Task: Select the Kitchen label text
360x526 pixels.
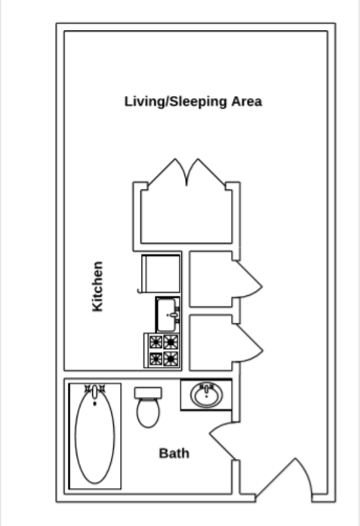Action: coord(97,287)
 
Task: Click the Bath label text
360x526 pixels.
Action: coord(174,454)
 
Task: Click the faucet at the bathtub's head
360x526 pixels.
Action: coord(94,390)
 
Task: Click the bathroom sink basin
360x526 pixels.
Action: coord(205,395)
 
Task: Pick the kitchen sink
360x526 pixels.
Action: coord(168,312)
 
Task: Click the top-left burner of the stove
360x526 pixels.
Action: coord(155,342)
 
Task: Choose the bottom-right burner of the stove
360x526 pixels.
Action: coord(171,358)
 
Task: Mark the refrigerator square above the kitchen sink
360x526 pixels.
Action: coord(162,273)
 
